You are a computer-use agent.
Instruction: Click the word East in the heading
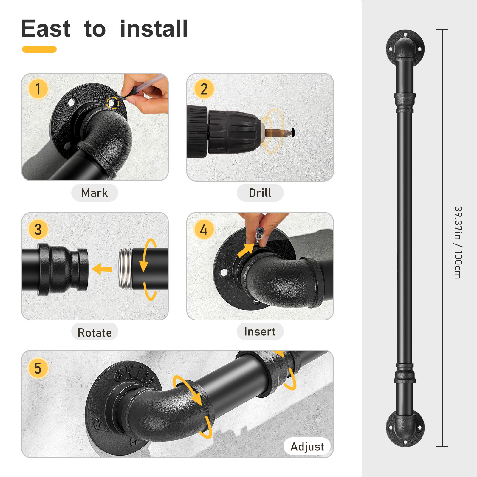tap(46, 29)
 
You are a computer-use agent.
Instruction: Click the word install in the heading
tap(154, 29)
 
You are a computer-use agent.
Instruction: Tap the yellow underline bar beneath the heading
tap(39, 49)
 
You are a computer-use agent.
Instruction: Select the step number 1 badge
tap(38, 89)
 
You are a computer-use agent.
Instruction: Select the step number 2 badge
tap(204, 89)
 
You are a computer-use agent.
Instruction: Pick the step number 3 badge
tap(38, 229)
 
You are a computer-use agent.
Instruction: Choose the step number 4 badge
tap(204, 229)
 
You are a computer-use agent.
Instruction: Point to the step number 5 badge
tap(38, 368)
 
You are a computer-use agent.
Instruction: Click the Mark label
tap(95, 193)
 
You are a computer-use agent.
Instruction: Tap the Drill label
tap(260, 193)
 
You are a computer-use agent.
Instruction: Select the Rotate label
tap(95, 332)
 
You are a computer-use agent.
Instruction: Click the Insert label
tap(260, 332)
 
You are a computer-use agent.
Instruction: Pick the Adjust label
tap(307, 447)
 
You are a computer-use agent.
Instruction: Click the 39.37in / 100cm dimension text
tap(458, 242)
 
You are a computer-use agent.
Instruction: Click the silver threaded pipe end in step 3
tap(126, 269)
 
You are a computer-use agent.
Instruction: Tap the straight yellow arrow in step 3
tap(102, 269)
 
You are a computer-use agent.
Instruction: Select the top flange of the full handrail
tap(405, 48)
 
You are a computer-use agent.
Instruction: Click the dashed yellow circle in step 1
tap(113, 103)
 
